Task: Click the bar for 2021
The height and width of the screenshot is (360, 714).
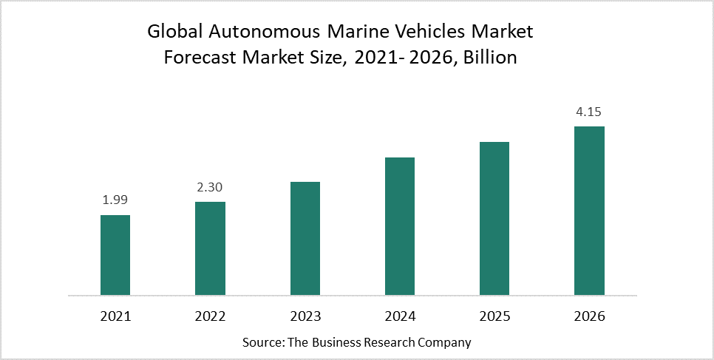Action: click(115, 255)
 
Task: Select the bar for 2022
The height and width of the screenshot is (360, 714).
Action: click(210, 248)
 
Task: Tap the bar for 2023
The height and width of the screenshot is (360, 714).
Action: click(305, 238)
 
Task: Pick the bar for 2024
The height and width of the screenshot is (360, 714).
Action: click(400, 226)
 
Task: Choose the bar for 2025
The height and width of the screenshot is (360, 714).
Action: click(494, 218)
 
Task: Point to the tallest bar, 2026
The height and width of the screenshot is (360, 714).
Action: click(589, 211)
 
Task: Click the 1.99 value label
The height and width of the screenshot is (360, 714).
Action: click(115, 199)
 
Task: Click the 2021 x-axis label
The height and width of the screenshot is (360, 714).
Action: click(115, 316)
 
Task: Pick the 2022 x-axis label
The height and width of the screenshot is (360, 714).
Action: click(210, 316)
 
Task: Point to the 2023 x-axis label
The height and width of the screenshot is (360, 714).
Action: click(305, 316)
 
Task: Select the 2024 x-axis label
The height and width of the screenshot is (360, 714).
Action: click(400, 316)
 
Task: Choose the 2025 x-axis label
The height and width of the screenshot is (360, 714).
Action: click(494, 316)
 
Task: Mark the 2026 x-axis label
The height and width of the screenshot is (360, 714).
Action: click(589, 316)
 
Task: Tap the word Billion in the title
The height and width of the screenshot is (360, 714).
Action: click(489, 58)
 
